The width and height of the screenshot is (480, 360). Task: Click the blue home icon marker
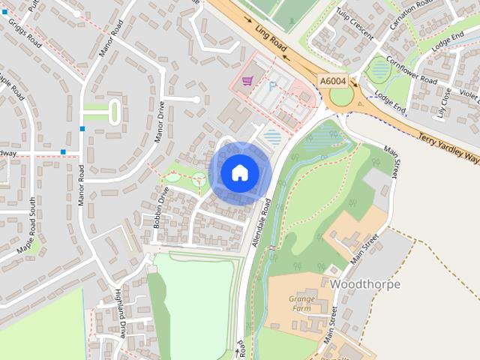(239, 172)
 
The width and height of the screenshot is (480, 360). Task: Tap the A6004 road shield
(332, 80)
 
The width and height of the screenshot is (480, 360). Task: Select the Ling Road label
(271, 41)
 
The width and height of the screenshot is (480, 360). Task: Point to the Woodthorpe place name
(364, 284)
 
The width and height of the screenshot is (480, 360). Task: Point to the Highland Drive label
(120, 312)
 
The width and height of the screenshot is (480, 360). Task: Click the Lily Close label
(444, 103)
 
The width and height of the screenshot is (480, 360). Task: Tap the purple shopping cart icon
(247, 80)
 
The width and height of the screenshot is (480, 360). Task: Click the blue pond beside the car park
(274, 137)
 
